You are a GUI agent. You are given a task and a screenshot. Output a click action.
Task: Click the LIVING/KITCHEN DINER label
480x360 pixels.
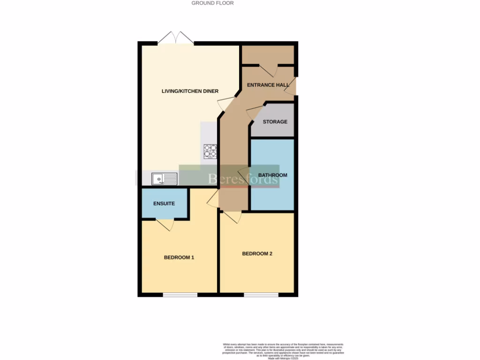pos(190,91)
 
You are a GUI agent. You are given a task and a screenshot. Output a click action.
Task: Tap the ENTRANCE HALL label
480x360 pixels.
pos(268,85)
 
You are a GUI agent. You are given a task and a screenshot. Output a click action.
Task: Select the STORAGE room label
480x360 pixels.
pos(275,122)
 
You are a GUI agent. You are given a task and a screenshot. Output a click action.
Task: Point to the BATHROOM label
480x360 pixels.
pos(272,175)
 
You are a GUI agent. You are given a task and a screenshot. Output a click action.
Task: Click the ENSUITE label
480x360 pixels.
pos(164,203)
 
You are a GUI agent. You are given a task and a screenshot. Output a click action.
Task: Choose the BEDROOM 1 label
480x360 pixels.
pos(179,257)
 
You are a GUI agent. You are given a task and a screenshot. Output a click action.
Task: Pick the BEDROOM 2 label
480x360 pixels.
pos(257,254)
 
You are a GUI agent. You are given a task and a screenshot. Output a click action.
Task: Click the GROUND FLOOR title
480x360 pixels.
pos(212,3)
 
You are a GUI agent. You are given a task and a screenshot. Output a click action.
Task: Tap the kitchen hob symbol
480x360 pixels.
pos(210,150)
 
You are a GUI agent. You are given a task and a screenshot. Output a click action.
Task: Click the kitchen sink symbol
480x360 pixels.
pos(164,179)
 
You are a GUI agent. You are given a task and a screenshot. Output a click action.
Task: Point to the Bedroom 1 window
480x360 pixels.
pos(180,295)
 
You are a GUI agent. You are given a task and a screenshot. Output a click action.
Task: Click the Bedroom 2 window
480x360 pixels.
pos(261,295)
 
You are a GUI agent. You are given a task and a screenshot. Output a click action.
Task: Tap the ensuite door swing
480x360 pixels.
pos(165,225)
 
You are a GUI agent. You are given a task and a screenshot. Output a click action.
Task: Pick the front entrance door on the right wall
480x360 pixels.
pos(292,87)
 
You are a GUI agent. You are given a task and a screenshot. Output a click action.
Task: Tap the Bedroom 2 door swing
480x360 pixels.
pos(232,217)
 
